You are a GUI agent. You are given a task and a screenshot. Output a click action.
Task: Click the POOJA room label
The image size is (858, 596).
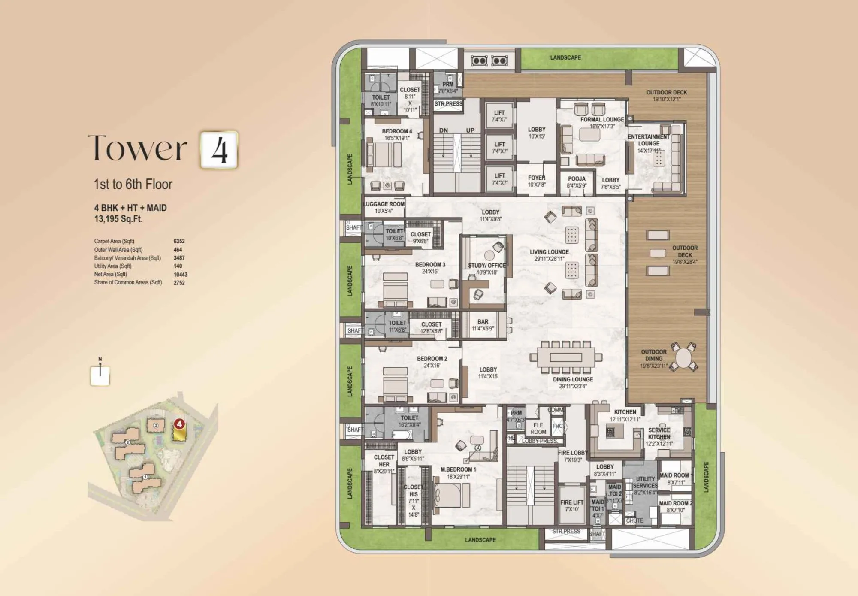point(577,179)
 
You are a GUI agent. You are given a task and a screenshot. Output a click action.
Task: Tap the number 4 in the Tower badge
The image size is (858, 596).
point(219,150)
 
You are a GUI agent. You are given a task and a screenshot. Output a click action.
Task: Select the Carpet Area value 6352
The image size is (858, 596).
point(179,242)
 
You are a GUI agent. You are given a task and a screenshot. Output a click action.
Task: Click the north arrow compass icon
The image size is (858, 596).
point(100,375)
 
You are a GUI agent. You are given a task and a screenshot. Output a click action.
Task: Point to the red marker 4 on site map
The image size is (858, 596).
point(179,424)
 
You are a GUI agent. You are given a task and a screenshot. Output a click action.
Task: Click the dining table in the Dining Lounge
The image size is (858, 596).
point(566,357)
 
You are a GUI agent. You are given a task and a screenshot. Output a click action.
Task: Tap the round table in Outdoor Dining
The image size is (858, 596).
point(683,357)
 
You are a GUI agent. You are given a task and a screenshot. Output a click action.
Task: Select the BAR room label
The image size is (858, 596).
point(483,322)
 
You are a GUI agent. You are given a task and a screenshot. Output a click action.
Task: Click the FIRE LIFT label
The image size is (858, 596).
point(572,502)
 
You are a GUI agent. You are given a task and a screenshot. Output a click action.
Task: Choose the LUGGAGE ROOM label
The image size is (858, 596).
point(384,204)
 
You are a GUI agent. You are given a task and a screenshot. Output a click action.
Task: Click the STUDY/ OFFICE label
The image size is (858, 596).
point(487,266)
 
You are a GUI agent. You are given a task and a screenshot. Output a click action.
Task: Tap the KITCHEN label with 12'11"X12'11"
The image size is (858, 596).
point(625,412)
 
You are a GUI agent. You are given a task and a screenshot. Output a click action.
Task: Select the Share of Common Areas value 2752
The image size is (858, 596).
point(179,283)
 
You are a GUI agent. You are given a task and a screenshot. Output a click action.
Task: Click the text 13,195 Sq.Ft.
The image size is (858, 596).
point(118,219)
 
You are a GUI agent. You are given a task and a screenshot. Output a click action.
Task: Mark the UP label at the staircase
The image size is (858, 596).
point(470,130)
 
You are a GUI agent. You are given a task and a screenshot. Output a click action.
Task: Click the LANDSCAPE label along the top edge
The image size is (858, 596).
point(565,57)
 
